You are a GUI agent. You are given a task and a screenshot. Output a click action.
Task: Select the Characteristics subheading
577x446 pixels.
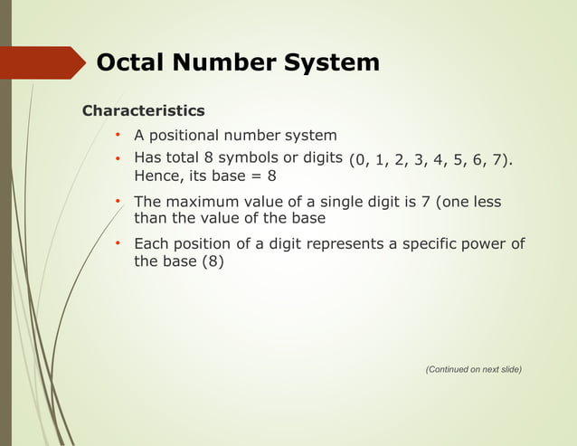tap(143, 110)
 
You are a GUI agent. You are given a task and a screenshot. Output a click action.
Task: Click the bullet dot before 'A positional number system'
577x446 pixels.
tap(118, 136)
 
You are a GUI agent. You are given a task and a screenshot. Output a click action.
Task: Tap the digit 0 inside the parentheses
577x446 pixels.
tap(362, 161)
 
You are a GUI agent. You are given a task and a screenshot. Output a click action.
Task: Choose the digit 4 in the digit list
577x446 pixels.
tap(439, 161)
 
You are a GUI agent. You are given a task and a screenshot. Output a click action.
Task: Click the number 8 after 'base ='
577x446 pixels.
tap(271, 176)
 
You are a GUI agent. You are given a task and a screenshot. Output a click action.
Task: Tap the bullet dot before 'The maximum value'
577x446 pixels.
tap(118, 202)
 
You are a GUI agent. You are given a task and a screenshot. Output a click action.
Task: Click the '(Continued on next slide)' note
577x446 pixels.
tap(473, 369)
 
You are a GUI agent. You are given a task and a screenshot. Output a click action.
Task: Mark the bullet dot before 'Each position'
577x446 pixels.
tap(118, 244)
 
